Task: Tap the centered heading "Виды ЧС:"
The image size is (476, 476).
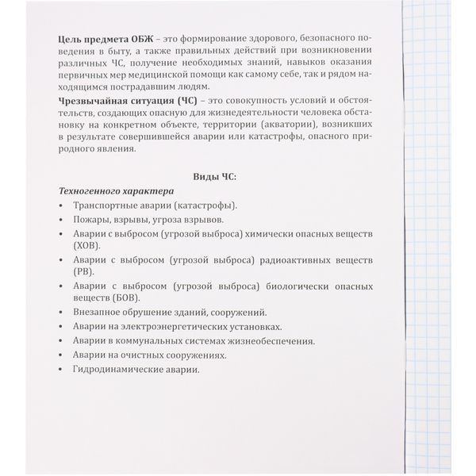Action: [216, 176]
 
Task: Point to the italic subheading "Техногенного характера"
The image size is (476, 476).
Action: [117, 191]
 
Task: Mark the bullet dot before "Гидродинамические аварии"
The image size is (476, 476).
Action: [63, 370]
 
